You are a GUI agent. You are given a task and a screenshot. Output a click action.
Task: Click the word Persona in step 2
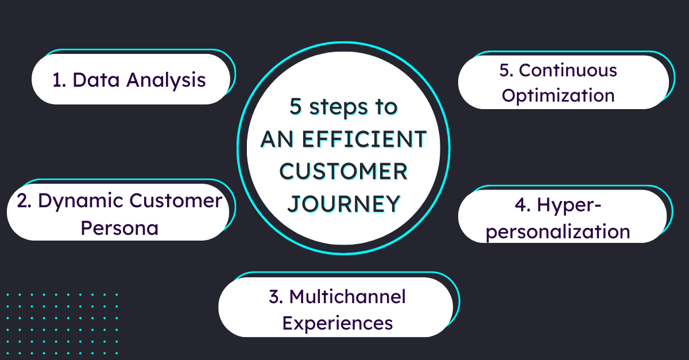pos(119,229)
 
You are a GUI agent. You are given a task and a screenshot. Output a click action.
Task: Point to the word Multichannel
pos(347,296)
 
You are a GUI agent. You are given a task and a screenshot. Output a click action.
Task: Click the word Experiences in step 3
pos(338,323)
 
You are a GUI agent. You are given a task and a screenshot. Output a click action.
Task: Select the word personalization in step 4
pos(557,232)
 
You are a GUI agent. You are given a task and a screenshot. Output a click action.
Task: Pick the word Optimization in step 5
pos(558,95)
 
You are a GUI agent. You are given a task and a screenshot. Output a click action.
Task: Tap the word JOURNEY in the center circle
pos(343,204)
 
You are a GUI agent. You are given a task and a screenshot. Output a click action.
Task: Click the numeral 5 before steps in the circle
pos(295,107)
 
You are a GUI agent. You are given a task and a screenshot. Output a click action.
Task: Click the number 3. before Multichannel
pos(276,296)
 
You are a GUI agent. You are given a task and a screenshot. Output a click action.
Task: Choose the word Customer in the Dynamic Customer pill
pos(175,201)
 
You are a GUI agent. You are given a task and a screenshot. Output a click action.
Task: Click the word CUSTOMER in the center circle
pos(343,171)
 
